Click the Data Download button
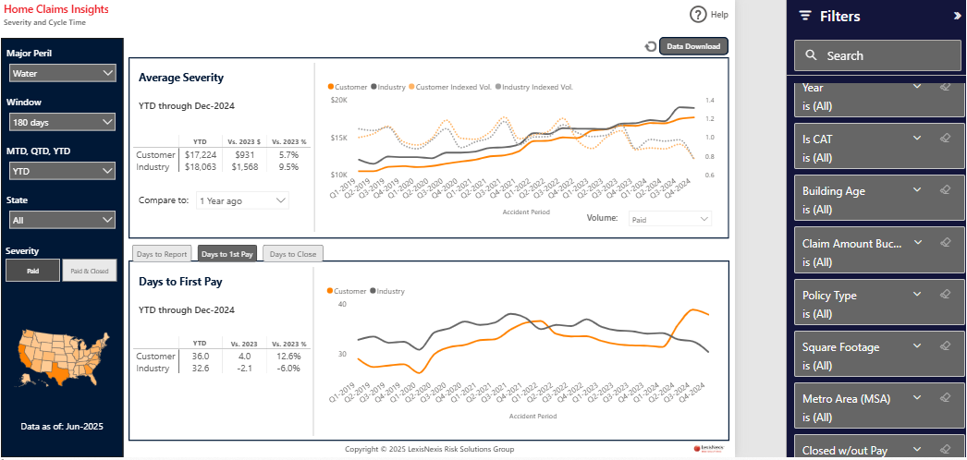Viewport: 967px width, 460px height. [x=693, y=46]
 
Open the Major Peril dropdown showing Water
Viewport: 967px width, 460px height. [x=62, y=73]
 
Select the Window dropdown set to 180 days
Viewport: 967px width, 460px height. [x=62, y=122]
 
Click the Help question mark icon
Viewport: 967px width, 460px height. [x=698, y=15]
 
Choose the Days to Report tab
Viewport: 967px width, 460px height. [x=162, y=254]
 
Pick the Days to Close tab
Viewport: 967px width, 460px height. [x=292, y=254]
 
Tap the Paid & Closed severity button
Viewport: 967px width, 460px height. [x=90, y=271]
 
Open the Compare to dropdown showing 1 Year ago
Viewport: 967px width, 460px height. [x=242, y=200]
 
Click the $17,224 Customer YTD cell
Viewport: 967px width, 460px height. [x=200, y=154]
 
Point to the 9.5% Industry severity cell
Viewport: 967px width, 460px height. [x=288, y=167]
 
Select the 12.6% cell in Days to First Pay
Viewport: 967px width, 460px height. [x=288, y=356]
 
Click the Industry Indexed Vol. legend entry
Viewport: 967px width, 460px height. [x=535, y=87]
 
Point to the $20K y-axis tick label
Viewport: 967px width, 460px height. [x=338, y=100]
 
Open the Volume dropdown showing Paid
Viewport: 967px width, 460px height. [x=669, y=219]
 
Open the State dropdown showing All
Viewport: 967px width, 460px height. [x=62, y=220]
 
